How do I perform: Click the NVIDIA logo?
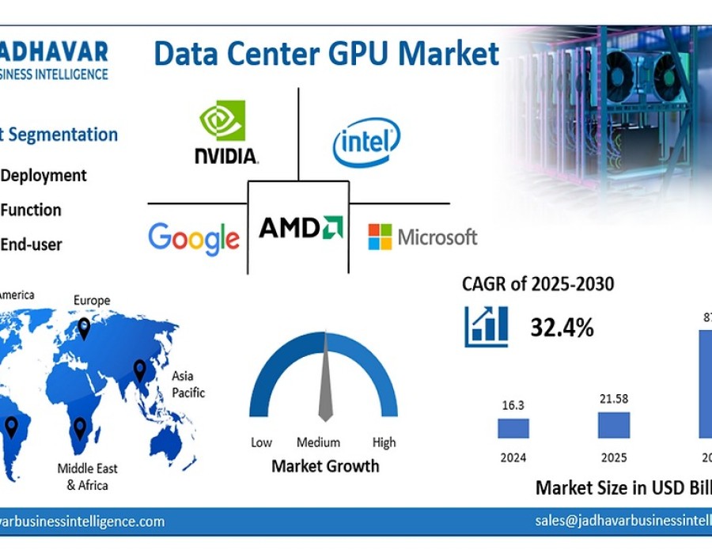[226, 132]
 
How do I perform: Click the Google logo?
[194, 237]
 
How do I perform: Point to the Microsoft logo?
[422, 237]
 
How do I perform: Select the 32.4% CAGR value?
[562, 327]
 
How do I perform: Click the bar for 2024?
[513, 428]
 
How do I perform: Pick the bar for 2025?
[614, 425]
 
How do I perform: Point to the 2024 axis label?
[513, 457]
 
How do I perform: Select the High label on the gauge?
[384, 442]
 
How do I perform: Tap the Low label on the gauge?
[261, 442]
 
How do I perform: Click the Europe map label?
[92, 300]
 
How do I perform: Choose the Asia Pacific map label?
[188, 384]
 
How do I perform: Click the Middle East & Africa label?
[87, 476]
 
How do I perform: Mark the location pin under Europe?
[84, 328]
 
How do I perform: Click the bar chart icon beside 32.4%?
[487, 327]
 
